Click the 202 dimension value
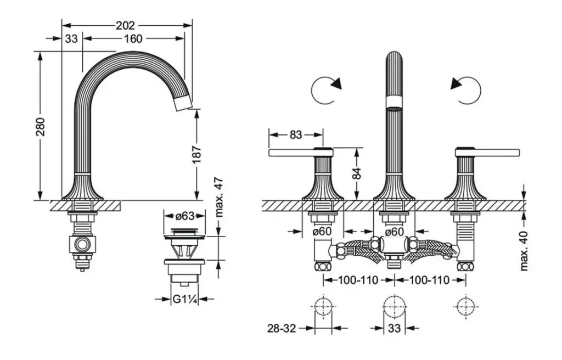pos(126,25)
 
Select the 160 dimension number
pos(133,38)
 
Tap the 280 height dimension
pos(41,126)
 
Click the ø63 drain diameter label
pos(184,216)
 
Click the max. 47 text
pos(218,197)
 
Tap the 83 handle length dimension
pos(295,134)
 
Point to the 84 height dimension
pos(357,173)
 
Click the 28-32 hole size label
pos(282,329)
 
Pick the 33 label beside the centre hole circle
pos(394,329)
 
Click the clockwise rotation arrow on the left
pos(325,89)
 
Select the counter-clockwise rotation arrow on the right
pos(467,89)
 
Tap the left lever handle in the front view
pos(293,152)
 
